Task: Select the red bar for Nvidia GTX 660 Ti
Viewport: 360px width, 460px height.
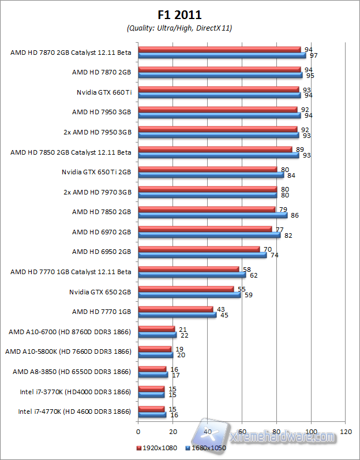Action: [x=219, y=89]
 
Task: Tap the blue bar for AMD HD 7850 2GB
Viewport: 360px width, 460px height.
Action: [x=212, y=215]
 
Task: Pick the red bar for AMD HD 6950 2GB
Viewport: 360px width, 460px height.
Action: [x=199, y=249]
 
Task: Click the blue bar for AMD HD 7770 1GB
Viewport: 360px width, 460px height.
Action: [x=177, y=315]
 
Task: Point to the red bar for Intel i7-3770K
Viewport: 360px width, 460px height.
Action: [x=151, y=388]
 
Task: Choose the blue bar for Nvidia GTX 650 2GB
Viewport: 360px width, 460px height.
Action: [x=189, y=295]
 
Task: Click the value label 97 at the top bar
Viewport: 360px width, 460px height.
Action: [x=313, y=56]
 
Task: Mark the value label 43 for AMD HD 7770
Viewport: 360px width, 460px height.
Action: [x=221, y=309]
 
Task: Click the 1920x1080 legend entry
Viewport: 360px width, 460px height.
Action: [x=156, y=447]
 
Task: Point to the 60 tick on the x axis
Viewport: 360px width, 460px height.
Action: [x=242, y=432]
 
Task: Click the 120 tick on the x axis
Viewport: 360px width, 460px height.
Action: [x=346, y=432]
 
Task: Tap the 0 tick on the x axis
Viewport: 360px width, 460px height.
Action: [x=138, y=432]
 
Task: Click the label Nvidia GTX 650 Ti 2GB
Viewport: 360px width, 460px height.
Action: [x=96, y=172]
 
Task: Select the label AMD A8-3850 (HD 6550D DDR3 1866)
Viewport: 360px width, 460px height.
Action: [x=72, y=372]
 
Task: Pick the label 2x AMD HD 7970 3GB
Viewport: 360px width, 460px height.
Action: [x=97, y=192]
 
